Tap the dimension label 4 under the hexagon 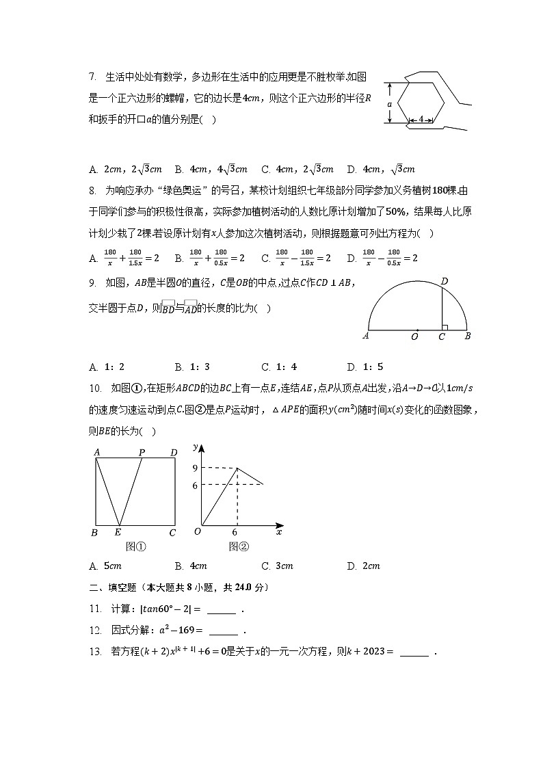[422, 120]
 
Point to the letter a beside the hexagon [389, 103]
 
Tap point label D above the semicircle [444, 281]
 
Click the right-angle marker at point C [445, 326]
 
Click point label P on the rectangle [142, 452]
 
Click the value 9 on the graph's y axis [195, 468]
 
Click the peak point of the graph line [237, 468]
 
